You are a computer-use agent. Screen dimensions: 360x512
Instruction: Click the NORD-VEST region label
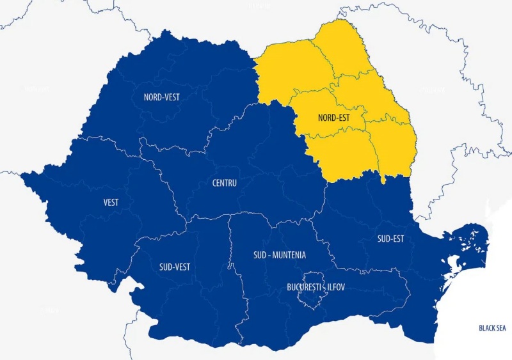tap(162, 98)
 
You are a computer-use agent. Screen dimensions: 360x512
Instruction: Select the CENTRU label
tap(225, 184)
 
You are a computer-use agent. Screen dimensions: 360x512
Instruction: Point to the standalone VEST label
tap(111, 203)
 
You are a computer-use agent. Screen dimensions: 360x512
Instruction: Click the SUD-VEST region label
tap(174, 267)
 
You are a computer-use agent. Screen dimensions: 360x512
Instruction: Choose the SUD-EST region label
tap(390, 239)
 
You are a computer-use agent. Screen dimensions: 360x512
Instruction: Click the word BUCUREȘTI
tap(303, 288)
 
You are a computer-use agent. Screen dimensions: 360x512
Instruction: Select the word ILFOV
tap(336, 288)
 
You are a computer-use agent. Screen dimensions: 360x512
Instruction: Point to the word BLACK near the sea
tap(486, 328)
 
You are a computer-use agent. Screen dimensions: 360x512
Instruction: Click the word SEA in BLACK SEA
tap(500, 328)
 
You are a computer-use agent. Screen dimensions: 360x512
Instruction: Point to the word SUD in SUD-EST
tap(383, 239)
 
